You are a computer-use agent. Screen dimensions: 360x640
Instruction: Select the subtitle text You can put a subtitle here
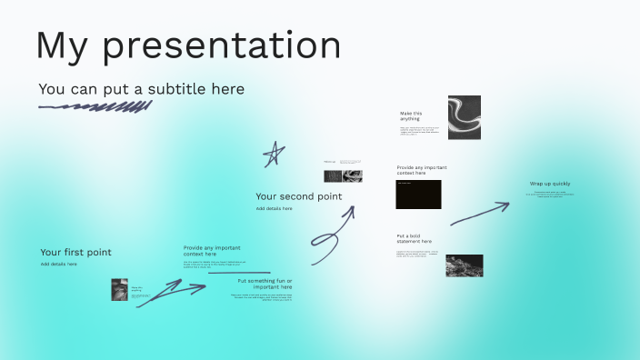pos(141,89)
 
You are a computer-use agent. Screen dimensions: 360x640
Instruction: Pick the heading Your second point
pos(298,196)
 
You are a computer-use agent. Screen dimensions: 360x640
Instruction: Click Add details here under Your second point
pos(274,208)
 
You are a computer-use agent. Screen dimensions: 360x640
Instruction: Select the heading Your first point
pos(75,252)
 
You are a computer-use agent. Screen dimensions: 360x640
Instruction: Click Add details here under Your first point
pos(58,264)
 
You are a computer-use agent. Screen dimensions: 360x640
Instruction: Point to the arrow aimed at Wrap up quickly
pos(479,215)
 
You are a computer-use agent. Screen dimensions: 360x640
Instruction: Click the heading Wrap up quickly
pos(550,184)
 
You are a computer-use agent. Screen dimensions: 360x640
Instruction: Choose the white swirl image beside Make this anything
pos(465,117)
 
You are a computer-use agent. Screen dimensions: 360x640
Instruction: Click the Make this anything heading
pos(411,116)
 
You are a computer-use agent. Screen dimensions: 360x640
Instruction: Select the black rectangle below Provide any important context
pos(418,194)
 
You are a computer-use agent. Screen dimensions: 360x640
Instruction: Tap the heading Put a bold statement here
pos(414,238)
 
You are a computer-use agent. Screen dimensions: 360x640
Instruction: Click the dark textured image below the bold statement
pos(464,265)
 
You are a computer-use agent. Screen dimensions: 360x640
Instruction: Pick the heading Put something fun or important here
pos(265,284)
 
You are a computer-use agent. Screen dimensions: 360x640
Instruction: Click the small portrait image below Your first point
pos(118,291)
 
